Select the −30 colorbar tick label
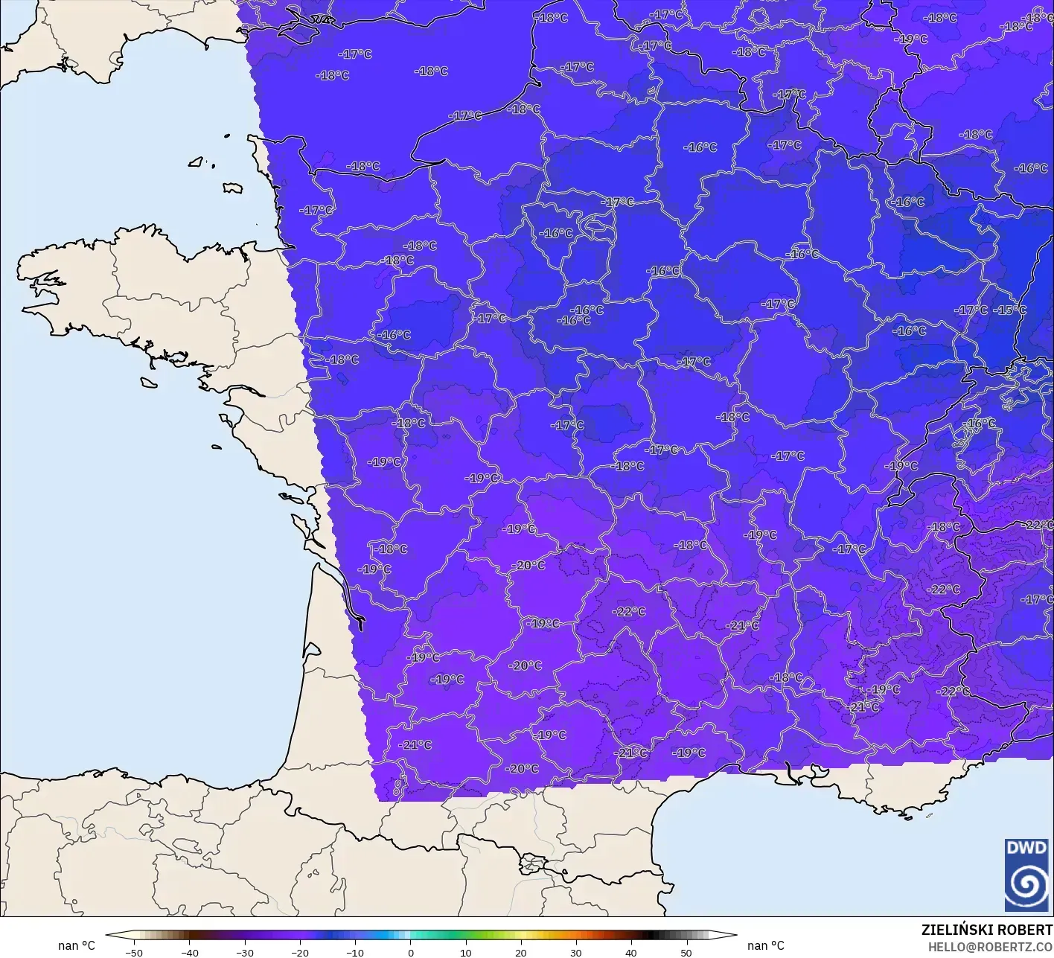click(x=244, y=952)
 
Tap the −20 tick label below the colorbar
click(x=299, y=952)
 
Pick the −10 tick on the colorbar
click(x=354, y=952)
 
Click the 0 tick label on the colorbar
click(x=410, y=952)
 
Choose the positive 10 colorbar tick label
click(x=465, y=952)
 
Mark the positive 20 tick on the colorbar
click(x=520, y=952)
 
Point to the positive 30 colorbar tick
click(x=575, y=952)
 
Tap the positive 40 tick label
click(x=631, y=952)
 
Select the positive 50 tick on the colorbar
click(x=686, y=952)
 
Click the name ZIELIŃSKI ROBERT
click(x=986, y=930)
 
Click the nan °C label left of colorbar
click(x=77, y=945)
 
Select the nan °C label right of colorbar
click(x=766, y=945)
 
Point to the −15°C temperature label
click(x=1012, y=310)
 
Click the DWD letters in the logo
click(x=1026, y=848)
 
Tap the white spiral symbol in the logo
click(x=1026, y=885)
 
